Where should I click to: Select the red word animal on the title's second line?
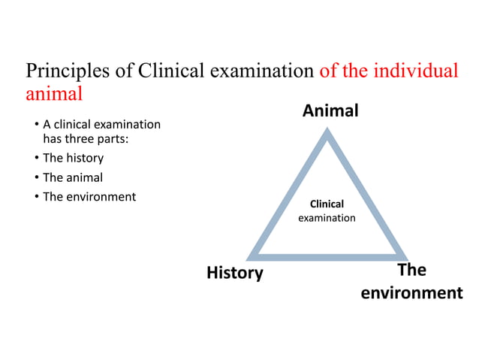click(x=54, y=95)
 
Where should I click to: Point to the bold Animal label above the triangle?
click(x=330, y=111)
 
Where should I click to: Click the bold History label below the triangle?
click(x=235, y=273)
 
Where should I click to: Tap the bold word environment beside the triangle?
click(x=411, y=292)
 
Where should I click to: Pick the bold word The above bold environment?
click(x=411, y=270)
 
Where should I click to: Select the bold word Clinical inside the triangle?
click(x=327, y=204)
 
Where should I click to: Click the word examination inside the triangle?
click(x=327, y=218)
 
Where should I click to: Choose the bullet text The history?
click(x=73, y=159)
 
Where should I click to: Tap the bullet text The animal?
click(x=73, y=178)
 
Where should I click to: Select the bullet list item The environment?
click(x=89, y=197)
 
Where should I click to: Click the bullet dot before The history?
click(x=36, y=159)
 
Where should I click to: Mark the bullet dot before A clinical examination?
click(x=36, y=124)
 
